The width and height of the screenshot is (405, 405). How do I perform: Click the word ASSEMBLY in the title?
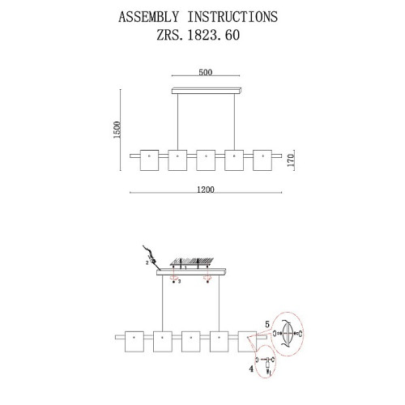pos(148,17)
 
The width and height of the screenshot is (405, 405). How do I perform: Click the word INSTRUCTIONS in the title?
pos(232,17)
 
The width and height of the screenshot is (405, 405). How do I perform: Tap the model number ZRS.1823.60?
pos(198,35)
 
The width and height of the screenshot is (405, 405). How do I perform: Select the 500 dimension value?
pos(206,72)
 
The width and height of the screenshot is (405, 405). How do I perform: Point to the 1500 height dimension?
pos(117,130)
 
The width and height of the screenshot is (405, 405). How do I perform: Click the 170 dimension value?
pos(291,160)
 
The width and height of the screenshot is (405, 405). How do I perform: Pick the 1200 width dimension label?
pos(206,190)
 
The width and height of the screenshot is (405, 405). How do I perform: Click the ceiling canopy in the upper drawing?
pos(207,91)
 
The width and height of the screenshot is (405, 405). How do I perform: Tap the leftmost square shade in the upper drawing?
pos(149,160)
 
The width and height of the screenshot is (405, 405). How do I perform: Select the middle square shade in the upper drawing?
pos(206,160)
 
